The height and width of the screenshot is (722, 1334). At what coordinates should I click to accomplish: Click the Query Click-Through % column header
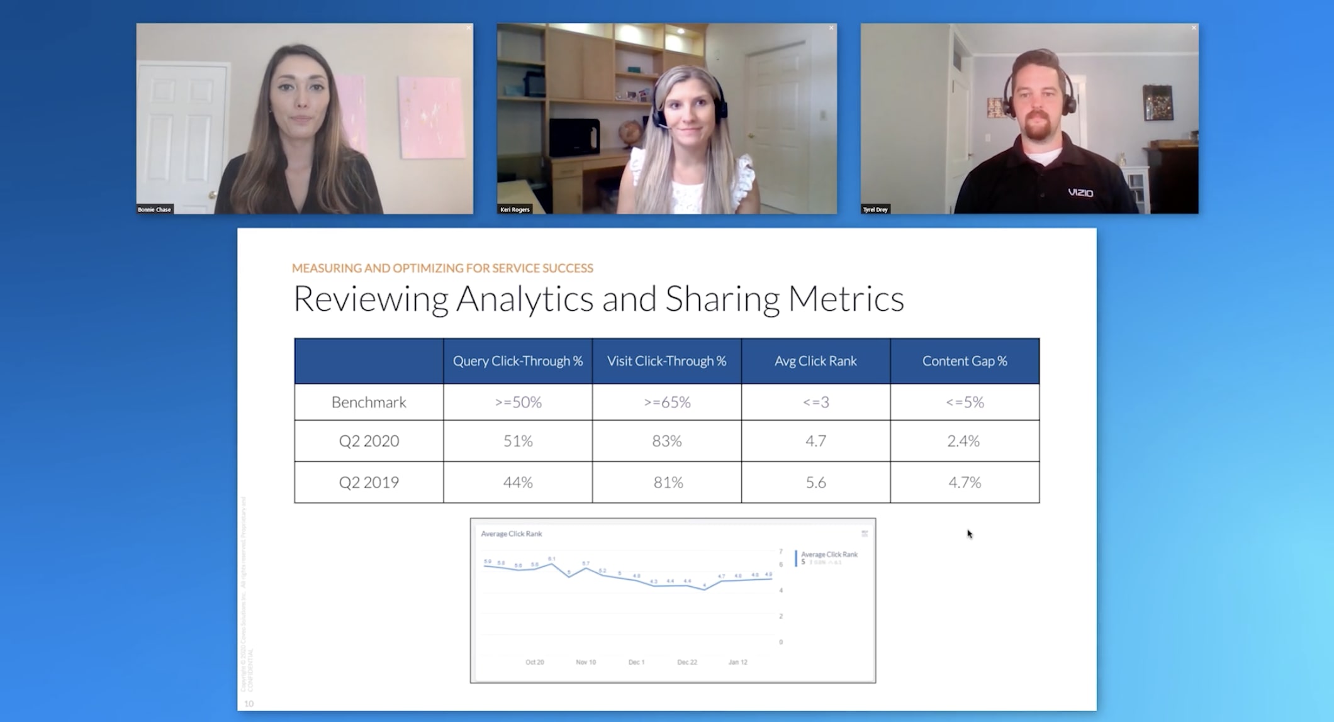[517, 361]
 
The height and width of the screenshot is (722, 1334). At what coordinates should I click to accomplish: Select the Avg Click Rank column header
[816, 361]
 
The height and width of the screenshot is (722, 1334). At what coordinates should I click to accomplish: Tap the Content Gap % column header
[964, 361]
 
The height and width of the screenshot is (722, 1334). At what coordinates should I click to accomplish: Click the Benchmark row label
[369, 403]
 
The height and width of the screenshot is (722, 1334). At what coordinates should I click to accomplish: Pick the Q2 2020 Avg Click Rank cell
[816, 441]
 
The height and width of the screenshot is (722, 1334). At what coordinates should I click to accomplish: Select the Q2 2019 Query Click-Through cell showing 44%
[517, 482]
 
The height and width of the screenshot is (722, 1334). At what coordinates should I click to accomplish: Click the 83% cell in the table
[666, 441]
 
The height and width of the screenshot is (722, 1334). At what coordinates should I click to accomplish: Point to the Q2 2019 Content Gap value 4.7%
[964, 482]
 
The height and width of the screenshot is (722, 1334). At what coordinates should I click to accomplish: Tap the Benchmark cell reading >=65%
[666, 403]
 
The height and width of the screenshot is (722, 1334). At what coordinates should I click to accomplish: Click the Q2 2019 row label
[369, 482]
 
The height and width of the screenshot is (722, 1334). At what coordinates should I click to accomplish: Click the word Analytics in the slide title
[524, 299]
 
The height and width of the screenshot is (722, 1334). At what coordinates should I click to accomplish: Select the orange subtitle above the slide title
[442, 268]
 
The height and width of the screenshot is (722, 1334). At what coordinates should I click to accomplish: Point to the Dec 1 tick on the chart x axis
[636, 662]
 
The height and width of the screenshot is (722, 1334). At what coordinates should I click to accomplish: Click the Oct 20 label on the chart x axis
[534, 662]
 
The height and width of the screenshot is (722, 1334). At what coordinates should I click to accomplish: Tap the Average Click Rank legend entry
[829, 555]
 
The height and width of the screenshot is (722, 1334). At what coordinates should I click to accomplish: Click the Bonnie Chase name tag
[154, 209]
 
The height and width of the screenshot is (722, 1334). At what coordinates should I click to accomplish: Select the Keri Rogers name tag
[515, 209]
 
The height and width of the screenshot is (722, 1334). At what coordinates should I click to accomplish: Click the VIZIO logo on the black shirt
[1080, 192]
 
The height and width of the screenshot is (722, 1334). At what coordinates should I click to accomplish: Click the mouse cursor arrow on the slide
[969, 533]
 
